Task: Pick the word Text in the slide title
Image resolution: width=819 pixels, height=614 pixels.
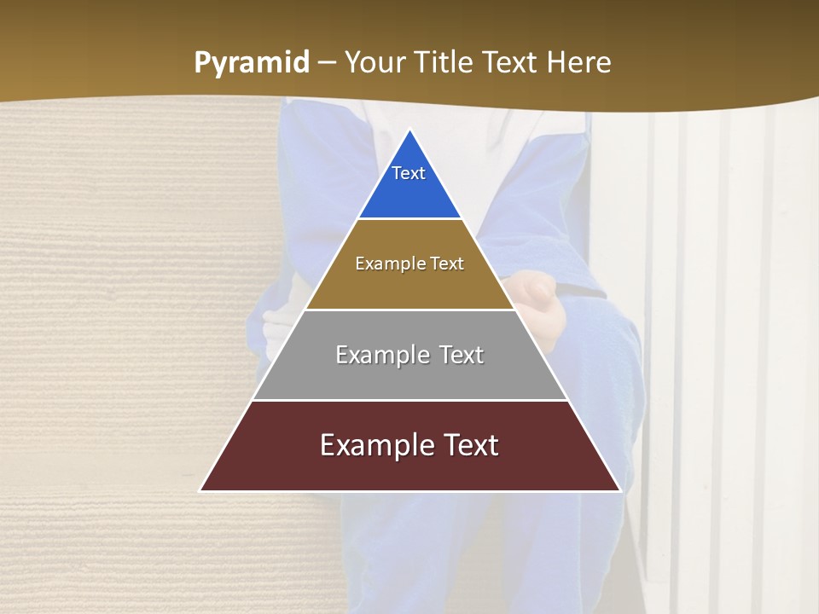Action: [512, 62]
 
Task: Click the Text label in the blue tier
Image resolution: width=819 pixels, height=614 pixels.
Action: [409, 173]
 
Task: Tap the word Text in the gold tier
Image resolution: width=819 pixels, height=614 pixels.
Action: [448, 264]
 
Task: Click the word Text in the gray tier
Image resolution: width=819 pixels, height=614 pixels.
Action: [462, 355]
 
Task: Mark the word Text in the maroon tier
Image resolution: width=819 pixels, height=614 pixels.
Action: [468, 445]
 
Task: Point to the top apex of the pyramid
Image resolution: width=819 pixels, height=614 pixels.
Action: [409, 130]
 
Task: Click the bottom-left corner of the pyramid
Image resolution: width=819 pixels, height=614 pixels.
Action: [200, 490]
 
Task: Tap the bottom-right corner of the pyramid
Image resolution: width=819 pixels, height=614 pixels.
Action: [619, 490]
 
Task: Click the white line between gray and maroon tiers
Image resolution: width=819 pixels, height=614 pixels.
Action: [409, 400]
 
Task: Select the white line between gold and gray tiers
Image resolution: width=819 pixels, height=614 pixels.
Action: [409, 310]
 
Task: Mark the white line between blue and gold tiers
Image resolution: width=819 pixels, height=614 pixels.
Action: [409, 219]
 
